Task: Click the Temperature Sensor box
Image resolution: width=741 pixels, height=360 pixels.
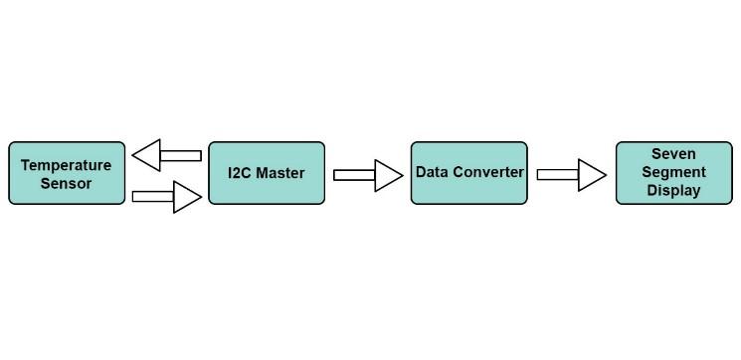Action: coord(67,174)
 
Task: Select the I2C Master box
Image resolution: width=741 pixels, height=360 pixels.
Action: coord(267,173)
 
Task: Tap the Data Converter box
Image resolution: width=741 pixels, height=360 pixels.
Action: coord(468,173)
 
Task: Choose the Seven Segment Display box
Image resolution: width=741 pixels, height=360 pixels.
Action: coord(674,173)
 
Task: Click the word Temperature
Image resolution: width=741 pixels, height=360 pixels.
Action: coord(67,165)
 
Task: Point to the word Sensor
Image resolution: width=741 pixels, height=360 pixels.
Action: coord(67,184)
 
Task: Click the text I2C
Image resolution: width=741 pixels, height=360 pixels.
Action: coord(240,173)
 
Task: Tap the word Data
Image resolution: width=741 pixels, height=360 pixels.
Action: coord(432,172)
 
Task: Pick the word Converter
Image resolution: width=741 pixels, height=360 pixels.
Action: coord(487,172)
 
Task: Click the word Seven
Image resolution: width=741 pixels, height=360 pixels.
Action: coord(674,154)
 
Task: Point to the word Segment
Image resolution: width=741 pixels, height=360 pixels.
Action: coord(674,172)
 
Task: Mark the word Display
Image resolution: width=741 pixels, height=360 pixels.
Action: coord(674,190)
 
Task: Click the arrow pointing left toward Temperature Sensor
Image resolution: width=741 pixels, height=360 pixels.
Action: coord(167,155)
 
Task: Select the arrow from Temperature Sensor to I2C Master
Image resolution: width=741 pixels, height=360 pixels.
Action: coord(167,196)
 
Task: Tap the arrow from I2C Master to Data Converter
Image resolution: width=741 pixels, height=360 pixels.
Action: coord(368,176)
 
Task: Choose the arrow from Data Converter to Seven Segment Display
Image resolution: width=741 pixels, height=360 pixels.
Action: coord(571,175)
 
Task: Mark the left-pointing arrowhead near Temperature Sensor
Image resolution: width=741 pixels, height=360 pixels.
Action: coord(147,155)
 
